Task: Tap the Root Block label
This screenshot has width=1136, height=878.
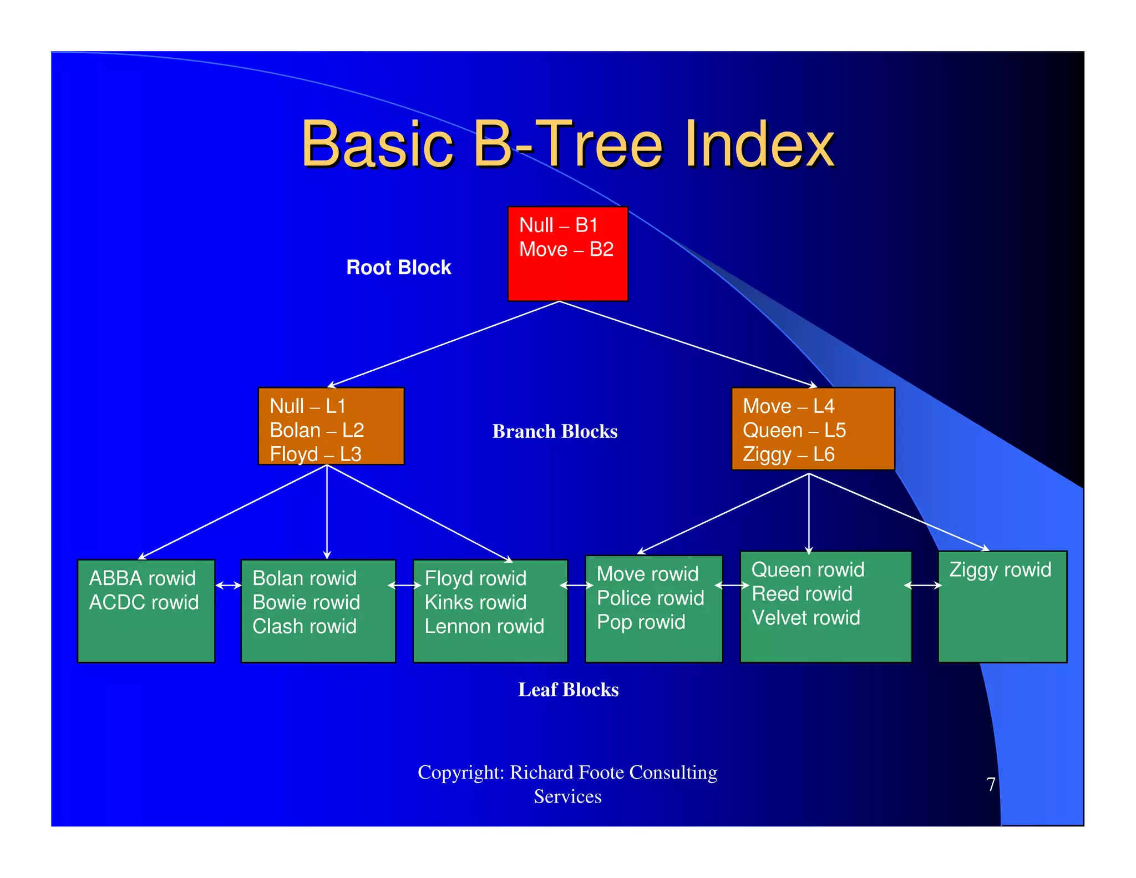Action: tap(398, 268)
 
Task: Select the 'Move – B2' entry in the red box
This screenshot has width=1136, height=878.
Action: tap(566, 249)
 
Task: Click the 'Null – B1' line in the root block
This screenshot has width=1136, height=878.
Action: tap(558, 225)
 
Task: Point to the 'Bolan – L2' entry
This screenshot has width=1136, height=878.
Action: tap(316, 430)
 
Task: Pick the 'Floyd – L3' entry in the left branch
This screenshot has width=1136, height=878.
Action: tap(315, 454)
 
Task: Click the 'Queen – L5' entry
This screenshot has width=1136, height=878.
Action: tap(794, 430)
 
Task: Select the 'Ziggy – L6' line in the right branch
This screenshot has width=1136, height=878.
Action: tap(788, 454)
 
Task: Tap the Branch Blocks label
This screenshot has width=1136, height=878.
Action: tap(555, 431)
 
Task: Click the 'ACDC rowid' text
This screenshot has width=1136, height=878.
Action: tap(144, 602)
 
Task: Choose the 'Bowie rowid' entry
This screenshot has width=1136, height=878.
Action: tap(306, 602)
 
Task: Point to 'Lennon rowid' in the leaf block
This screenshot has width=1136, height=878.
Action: tap(484, 626)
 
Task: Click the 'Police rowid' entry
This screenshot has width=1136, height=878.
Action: tap(650, 598)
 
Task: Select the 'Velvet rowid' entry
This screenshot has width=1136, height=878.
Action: tap(805, 618)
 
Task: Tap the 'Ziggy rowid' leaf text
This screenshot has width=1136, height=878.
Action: tap(1000, 569)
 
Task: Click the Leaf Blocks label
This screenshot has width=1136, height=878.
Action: tap(568, 689)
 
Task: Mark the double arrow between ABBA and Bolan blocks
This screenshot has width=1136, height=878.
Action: tap(228, 585)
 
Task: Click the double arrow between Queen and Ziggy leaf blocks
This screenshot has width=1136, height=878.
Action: tap(923, 585)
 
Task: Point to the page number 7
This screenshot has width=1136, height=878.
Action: tap(991, 784)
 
